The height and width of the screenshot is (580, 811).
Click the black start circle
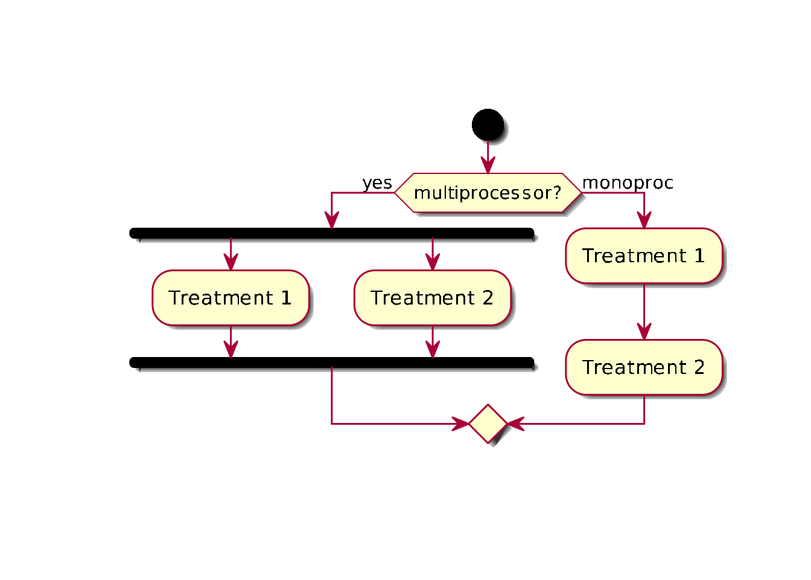coord(488,125)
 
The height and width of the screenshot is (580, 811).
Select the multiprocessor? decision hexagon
coord(488,193)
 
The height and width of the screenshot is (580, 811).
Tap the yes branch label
coord(377,182)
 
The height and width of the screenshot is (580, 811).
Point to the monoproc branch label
coord(628,182)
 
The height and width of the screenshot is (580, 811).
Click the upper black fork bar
coord(332,233)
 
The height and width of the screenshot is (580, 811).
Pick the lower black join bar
coord(332,362)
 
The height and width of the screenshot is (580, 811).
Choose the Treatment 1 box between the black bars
coord(231,298)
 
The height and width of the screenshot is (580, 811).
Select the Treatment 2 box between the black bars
coord(433,298)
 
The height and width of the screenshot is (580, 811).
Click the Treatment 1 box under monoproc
coord(644,256)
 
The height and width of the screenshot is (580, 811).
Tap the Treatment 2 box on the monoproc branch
coord(644,367)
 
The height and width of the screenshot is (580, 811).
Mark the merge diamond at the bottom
coord(488,424)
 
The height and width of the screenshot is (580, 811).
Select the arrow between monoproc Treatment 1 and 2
coord(644,312)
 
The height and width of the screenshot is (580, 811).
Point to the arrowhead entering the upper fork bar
coord(332,221)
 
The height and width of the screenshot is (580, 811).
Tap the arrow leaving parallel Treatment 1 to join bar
coord(231,342)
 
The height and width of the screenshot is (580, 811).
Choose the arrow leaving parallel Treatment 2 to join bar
coord(433,342)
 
